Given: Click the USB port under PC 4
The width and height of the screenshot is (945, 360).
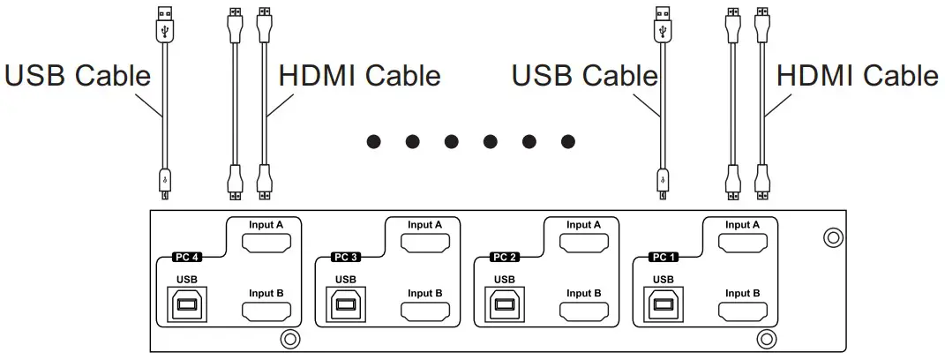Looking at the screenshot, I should coord(187,304).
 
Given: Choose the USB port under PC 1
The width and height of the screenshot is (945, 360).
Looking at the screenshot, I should coord(664,304).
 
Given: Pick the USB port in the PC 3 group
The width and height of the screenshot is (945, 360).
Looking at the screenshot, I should coord(346,304).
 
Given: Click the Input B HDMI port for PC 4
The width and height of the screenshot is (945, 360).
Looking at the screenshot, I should coord(266,311).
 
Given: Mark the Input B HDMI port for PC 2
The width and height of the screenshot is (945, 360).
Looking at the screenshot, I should coord(583,311).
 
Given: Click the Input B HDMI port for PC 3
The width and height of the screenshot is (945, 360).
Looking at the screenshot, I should coord(424,311).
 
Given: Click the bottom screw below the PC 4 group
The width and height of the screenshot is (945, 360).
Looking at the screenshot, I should coord(288,339).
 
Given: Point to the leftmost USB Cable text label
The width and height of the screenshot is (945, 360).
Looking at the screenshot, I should coord(78,76).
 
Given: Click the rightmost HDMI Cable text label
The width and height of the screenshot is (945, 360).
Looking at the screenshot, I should coord(857,76).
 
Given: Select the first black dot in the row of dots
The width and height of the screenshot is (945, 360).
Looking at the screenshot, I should coord(373,140).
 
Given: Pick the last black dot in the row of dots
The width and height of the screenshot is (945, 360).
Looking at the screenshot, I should coord(568,140).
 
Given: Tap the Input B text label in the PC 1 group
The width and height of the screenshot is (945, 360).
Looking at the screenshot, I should coord(742,293).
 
